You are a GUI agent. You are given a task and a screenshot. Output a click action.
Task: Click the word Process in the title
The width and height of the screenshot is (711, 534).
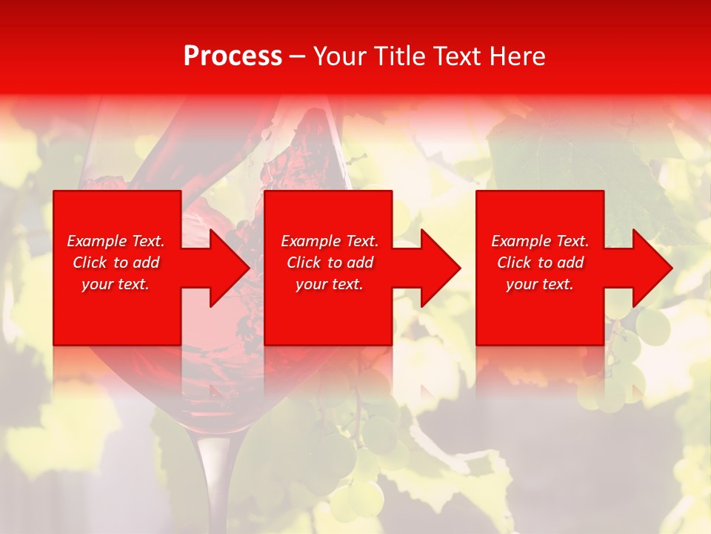point(233,56)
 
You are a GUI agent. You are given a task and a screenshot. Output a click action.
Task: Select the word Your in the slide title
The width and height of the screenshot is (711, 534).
point(339,56)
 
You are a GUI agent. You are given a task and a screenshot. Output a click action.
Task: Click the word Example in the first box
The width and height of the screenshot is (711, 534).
point(96,241)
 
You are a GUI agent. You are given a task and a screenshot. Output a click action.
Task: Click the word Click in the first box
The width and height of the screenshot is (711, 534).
point(90,263)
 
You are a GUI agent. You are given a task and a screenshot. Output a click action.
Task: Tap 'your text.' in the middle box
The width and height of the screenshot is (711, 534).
point(329,284)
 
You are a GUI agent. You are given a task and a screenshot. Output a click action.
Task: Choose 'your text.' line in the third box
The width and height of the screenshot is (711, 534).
point(539,284)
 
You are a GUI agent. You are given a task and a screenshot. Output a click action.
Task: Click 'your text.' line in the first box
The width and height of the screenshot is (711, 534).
point(116,284)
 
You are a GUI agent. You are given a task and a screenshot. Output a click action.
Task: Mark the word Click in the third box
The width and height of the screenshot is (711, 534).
point(515,263)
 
